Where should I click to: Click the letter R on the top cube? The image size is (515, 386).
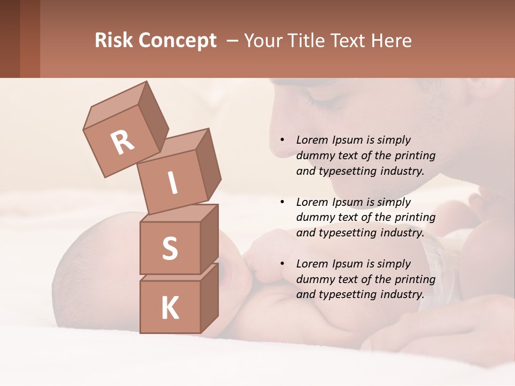pos(123,143)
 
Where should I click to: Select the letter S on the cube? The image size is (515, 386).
pos(170,248)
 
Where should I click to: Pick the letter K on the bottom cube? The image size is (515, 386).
pos(170,308)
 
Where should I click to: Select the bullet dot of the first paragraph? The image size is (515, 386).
pos(282,140)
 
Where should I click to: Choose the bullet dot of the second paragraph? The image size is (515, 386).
pos(282,202)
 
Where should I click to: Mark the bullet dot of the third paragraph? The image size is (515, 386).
pos(282,264)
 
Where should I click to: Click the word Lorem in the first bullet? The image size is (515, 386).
pos(311,140)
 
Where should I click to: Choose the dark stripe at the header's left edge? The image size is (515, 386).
pos(10,39)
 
